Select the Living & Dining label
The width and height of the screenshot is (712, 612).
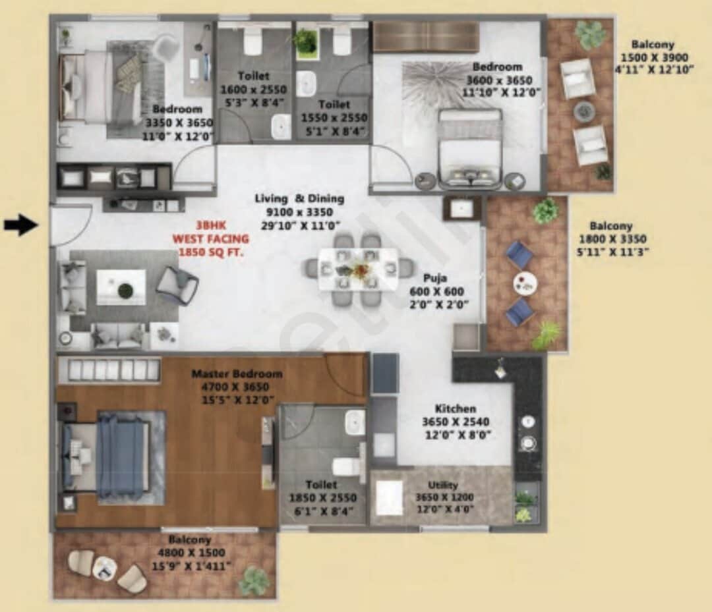pyautogui.click(x=300, y=198)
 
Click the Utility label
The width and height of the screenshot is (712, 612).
pyautogui.click(x=443, y=486)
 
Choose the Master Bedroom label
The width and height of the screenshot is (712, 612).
pyautogui.click(x=237, y=374)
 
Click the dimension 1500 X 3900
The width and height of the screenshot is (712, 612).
pyautogui.click(x=653, y=57)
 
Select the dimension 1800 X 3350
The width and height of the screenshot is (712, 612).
pyautogui.click(x=612, y=238)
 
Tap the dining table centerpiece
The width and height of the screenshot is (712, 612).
pyautogui.click(x=359, y=269)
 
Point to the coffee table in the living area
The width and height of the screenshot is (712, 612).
pyautogui.click(x=121, y=287)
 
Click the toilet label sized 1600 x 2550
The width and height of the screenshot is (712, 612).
pyautogui.click(x=254, y=88)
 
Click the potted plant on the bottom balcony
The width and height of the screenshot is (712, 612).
pyautogui.click(x=253, y=580)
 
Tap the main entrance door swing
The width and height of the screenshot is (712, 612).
pyautogui.click(x=71, y=224)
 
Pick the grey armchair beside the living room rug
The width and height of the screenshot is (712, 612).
pyautogui.click(x=177, y=285)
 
